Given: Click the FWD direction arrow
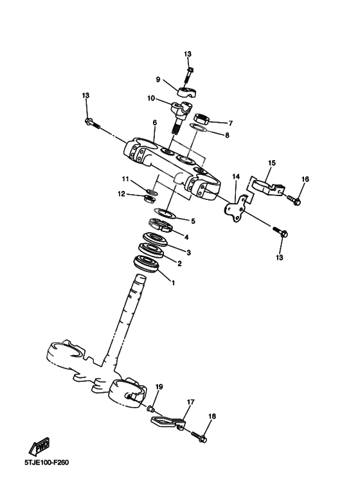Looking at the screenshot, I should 41,446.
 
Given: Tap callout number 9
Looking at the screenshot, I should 157,80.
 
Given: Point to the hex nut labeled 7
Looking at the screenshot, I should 199,119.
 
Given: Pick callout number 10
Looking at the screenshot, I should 151,98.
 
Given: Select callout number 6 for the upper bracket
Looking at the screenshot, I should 154,122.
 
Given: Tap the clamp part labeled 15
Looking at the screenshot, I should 265,186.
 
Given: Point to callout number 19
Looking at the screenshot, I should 159,387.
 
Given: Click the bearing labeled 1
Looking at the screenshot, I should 147,263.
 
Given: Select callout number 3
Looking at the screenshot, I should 188,252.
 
